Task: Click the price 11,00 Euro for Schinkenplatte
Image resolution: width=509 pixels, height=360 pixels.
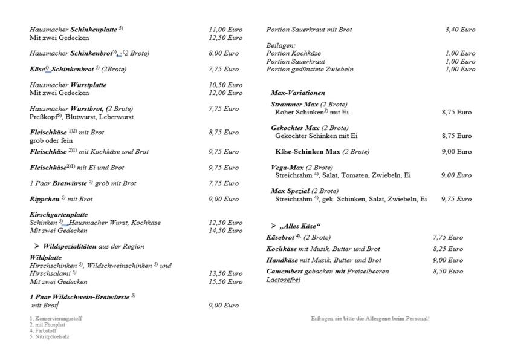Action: click(x=225, y=29)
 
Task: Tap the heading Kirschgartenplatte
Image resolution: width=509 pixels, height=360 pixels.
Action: click(x=59, y=215)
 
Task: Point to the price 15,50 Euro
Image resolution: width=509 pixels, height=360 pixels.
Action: click(x=225, y=282)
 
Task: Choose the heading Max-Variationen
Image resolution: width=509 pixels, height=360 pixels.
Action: click(x=298, y=93)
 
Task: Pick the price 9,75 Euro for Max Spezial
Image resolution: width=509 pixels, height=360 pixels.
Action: click(x=456, y=199)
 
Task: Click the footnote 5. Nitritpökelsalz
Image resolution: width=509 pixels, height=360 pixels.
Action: click(x=49, y=337)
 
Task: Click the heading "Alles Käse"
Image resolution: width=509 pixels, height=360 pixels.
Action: click(x=300, y=226)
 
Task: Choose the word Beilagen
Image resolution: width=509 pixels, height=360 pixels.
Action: click(x=280, y=45)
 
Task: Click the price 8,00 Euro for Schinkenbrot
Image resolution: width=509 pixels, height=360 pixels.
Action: click(x=223, y=53)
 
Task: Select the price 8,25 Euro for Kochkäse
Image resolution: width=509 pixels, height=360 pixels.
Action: click(x=448, y=249)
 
